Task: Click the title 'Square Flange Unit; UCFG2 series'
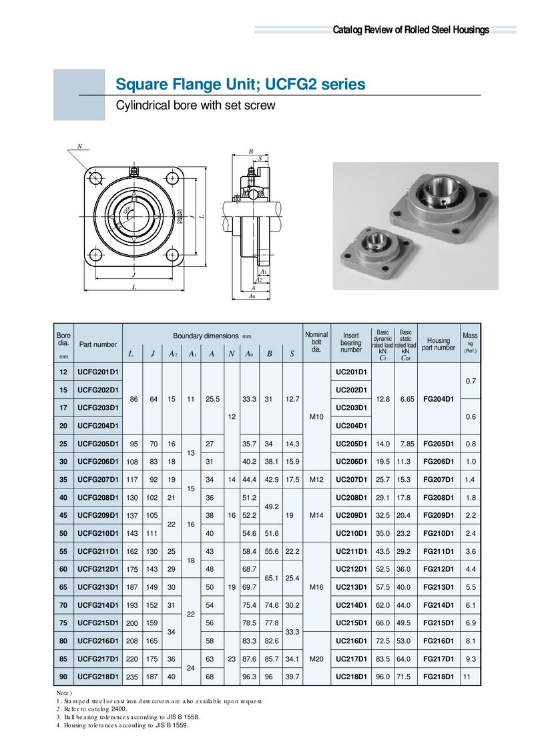click(x=240, y=85)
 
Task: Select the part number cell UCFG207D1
click(x=97, y=479)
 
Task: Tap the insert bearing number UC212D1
click(x=350, y=569)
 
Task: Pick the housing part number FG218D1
click(x=439, y=677)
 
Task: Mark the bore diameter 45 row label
click(x=63, y=515)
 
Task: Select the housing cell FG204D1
click(x=439, y=398)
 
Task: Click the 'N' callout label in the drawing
click(x=80, y=146)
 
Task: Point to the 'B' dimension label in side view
click(x=251, y=151)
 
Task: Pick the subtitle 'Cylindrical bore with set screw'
click(x=196, y=106)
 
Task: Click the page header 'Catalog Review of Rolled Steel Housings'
click(x=411, y=30)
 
